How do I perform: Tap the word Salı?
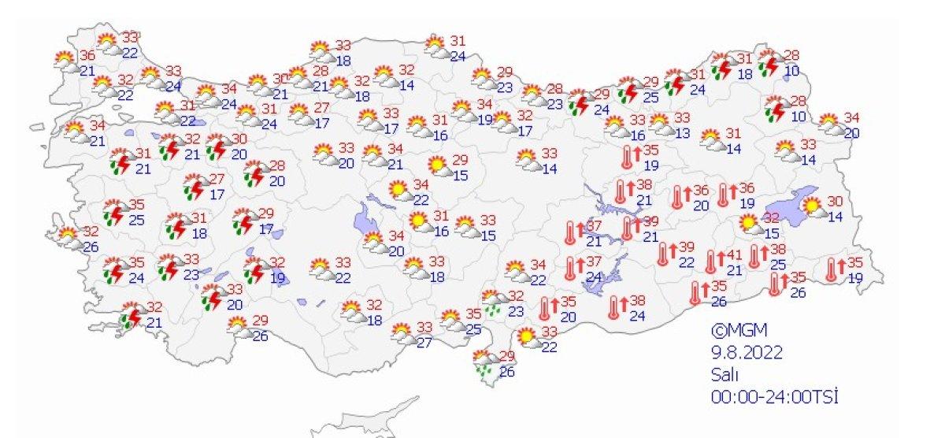tap(722, 373)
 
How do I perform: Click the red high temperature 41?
tap(735, 254)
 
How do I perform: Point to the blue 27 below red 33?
tap(424, 342)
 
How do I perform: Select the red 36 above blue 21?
tap(87, 55)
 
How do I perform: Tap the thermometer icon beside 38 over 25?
tap(758, 255)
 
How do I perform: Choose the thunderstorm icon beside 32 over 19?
tap(254, 271)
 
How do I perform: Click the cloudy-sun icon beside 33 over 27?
tap(404, 335)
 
